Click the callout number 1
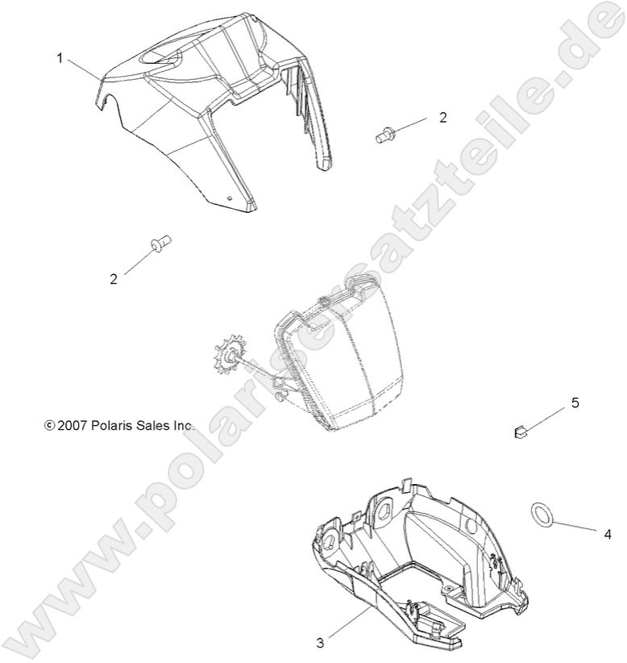pyautogui.click(x=60, y=58)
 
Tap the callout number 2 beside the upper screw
pyautogui.click(x=442, y=117)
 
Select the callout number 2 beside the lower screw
pyautogui.click(x=114, y=279)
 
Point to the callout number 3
pyautogui.click(x=320, y=643)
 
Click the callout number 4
pyautogui.click(x=586, y=534)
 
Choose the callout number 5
pyautogui.click(x=575, y=402)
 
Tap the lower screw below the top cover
pyautogui.click(x=159, y=242)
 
